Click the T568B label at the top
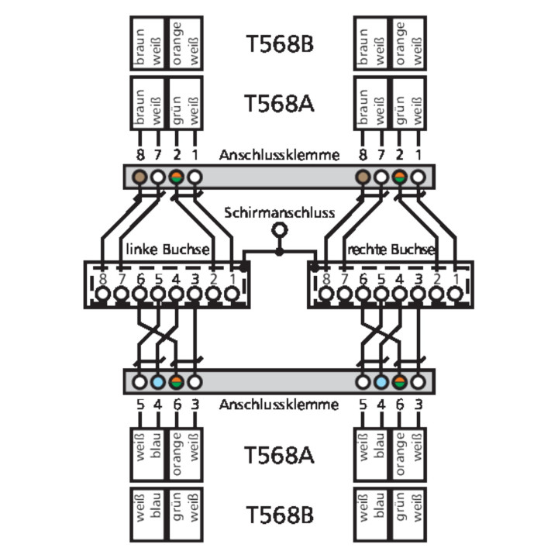point(279,44)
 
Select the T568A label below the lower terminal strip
point(279,454)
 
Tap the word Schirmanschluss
point(279,212)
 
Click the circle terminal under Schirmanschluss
point(279,229)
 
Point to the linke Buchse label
point(167,250)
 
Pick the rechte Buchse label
point(391,250)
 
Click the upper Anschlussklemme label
point(279,155)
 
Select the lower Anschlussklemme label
point(279,404)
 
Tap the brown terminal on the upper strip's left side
point(139,177)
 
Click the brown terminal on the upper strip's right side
point(363,177)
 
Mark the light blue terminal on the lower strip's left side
point(158,381)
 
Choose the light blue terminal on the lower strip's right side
point(381,381)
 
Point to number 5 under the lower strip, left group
point(139,404)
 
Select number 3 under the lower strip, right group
point(418,404)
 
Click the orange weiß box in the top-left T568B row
point(186,44)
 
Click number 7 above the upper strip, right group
point(381,155)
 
